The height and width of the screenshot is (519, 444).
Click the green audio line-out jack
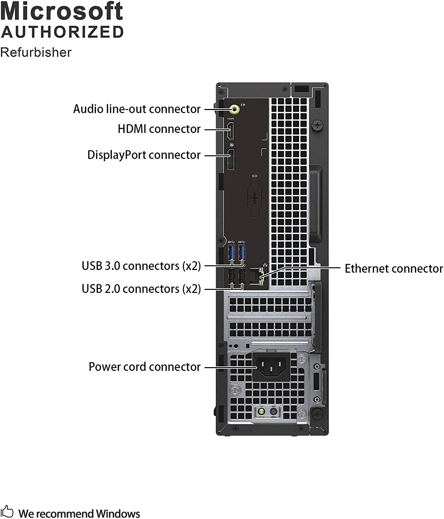(x=235, y=109)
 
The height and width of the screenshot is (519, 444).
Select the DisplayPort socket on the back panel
(x=231, y=160)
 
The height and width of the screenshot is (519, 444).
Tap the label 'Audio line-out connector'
(x=137, y=109)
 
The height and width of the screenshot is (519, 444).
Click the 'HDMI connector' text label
(x=159, y=129)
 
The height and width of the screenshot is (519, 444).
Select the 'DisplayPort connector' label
(x=144, y=155)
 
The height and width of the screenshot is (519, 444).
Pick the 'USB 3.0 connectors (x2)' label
(x=141, y=266)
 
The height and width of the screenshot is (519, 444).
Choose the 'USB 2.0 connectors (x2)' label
(x=141, y=289)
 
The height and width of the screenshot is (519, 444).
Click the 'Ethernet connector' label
(x=394, y=268)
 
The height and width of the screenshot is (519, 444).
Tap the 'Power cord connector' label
(x=144, y=367)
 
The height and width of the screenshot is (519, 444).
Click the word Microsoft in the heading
(x=62, y=11)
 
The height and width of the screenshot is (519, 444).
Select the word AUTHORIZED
(x=62, y=32)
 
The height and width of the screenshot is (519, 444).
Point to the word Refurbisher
(x=36, y=52)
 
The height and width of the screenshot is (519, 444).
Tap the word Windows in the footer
(x=118, y=513)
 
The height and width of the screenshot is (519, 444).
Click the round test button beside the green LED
(x=274, y=412)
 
